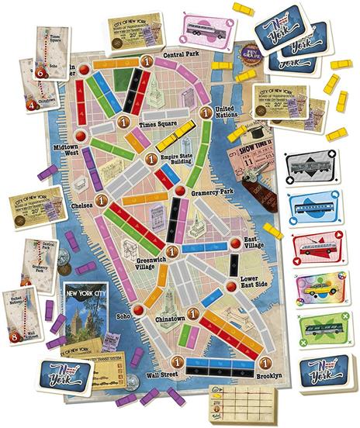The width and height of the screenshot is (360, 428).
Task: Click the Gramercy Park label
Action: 212,189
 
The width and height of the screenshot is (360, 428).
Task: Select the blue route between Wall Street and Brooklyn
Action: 220,361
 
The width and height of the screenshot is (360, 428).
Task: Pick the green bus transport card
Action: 315,330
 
